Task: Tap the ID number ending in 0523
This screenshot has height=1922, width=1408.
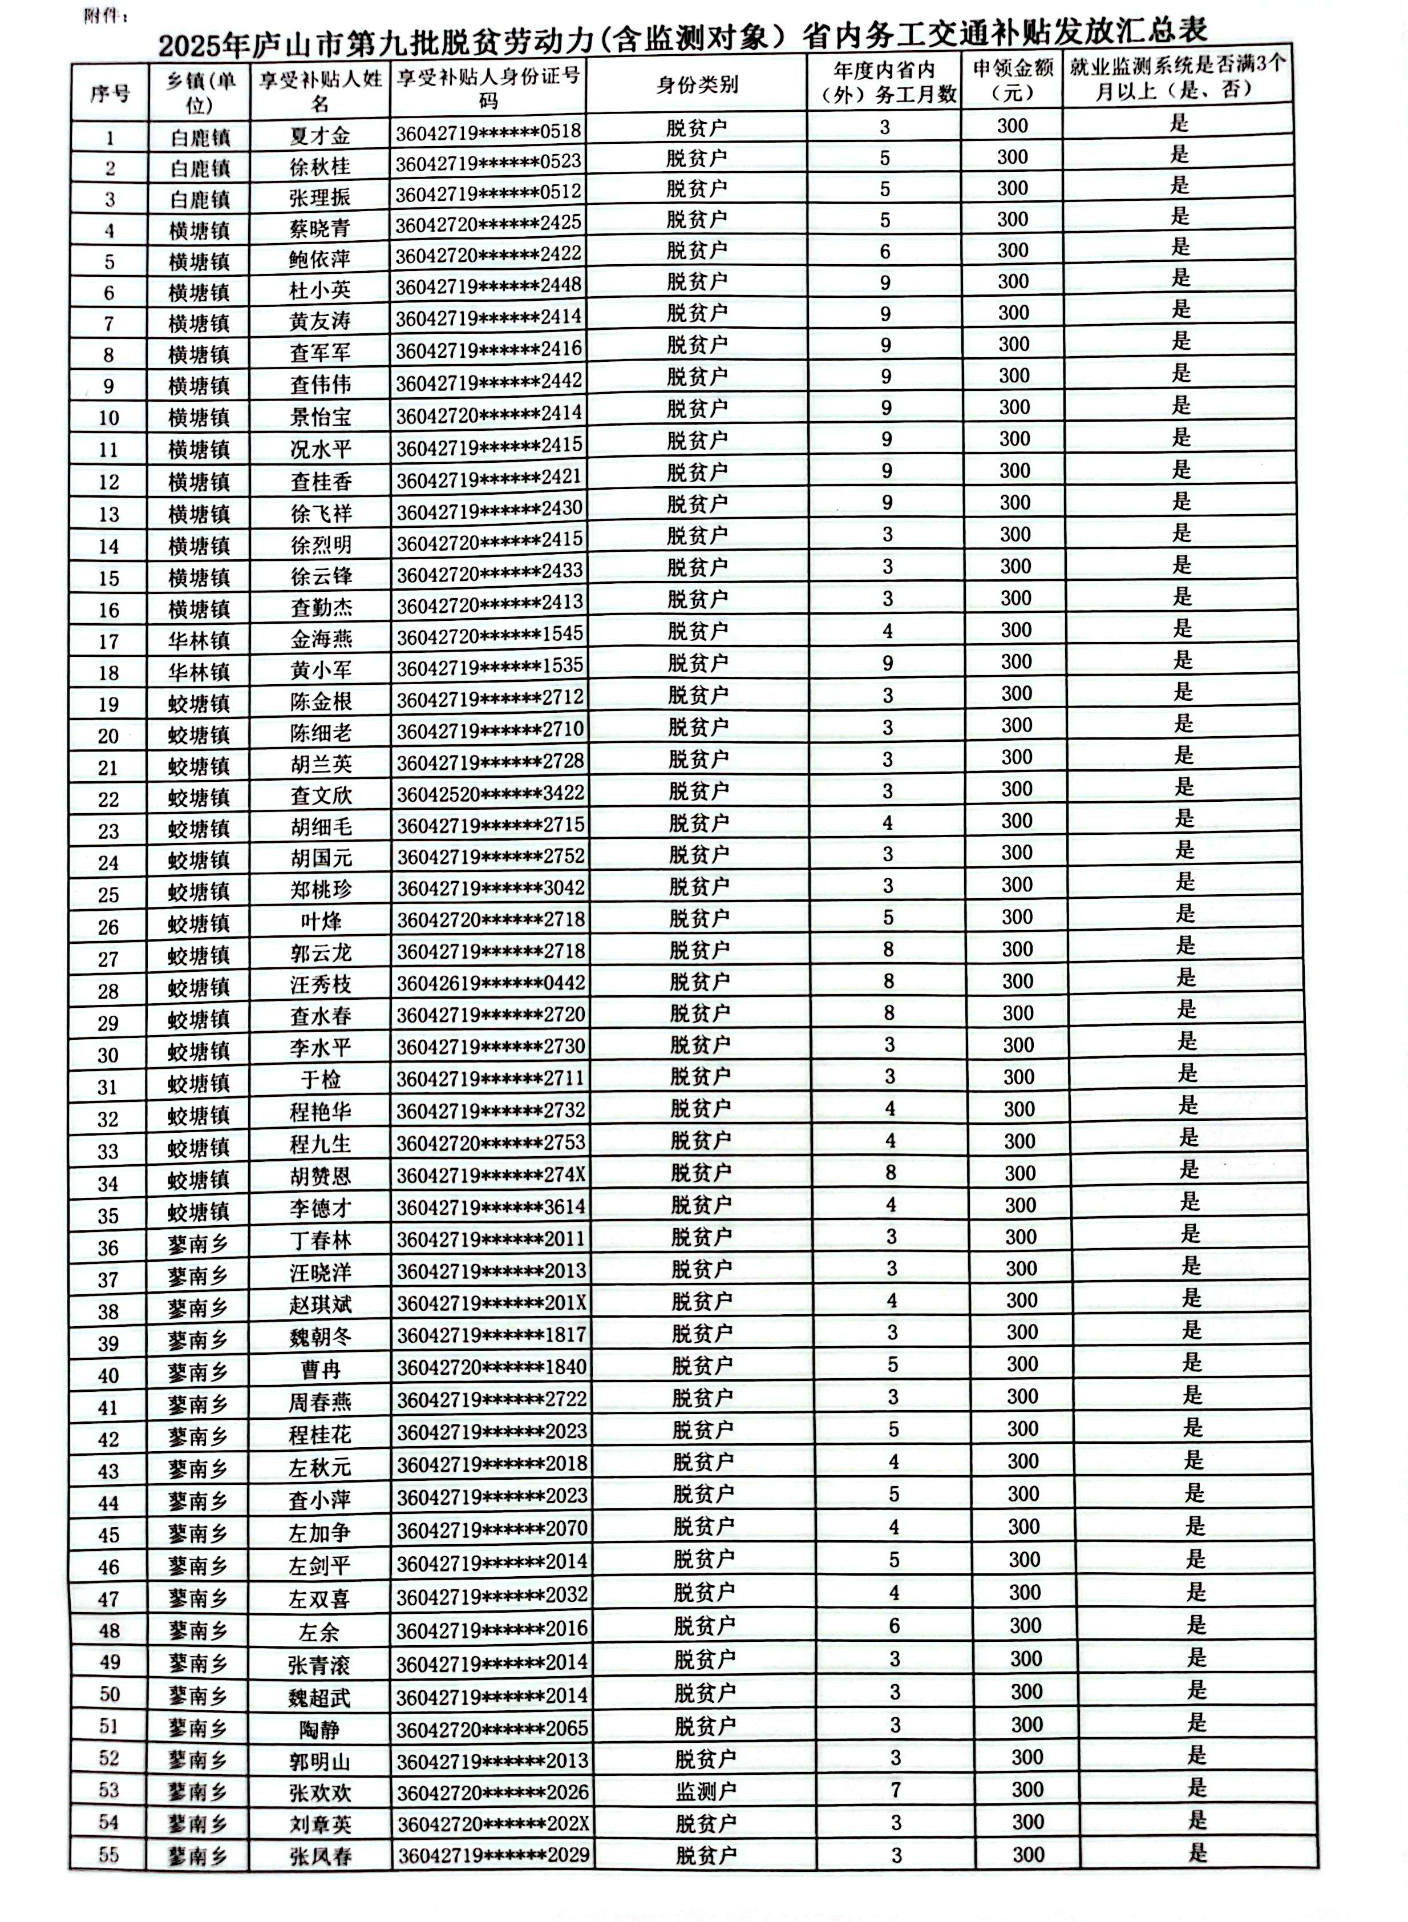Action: [488, 161]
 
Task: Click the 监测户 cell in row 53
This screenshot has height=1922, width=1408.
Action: [705, 1791]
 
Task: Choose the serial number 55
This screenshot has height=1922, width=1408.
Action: [108, 1855]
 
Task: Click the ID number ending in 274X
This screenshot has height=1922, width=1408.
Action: [491, 1174]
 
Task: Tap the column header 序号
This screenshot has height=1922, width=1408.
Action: [110, 92]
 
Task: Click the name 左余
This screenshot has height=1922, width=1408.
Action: [319, 1632]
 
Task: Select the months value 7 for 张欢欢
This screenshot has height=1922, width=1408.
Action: [895, 1790]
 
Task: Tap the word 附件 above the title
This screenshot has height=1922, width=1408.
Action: [104, 16]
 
